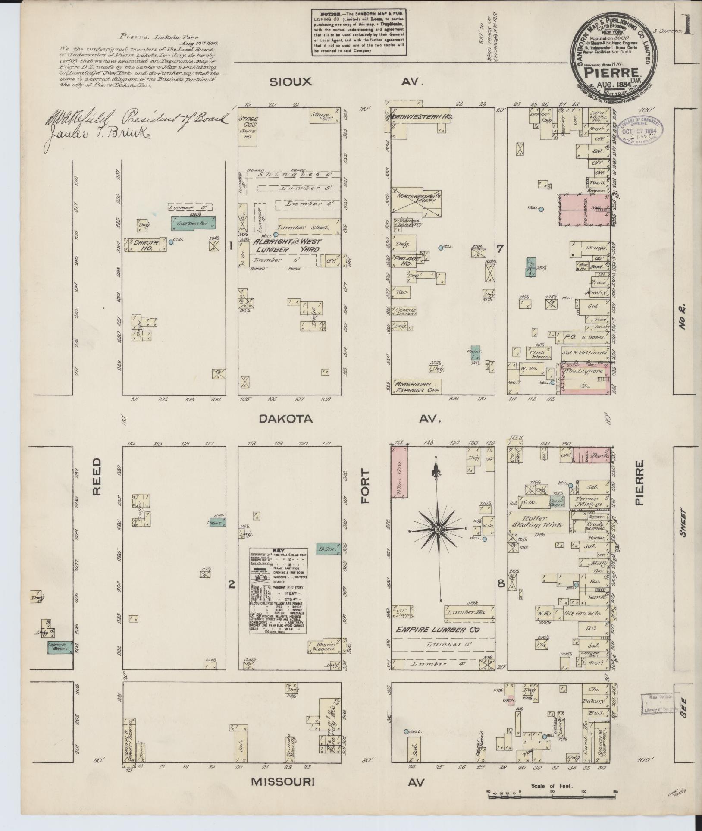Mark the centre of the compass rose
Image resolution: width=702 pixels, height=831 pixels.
(438, 529)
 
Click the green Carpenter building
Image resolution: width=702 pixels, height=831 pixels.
(193, 223)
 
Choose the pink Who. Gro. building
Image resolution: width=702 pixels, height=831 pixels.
(400, 472)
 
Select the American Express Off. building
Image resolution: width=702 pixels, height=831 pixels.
(416, 386)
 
